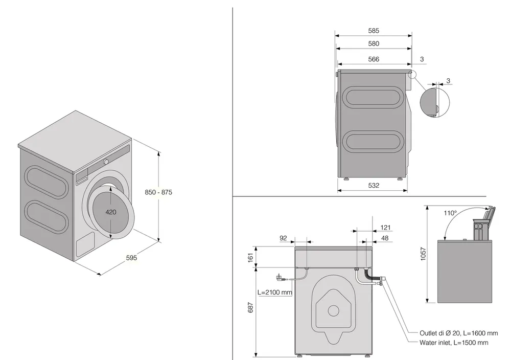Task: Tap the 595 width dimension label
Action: [x=131, y=258]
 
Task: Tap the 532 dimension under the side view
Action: [x=373, y=186]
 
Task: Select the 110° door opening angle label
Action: [x=450, y=213]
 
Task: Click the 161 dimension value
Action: [x=251, y=256]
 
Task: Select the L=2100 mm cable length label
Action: [x=274, y=292]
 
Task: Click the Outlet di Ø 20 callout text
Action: [x=452, y=332]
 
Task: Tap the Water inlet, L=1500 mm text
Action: [x=452, y=343]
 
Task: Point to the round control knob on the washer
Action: [x=106, y=162]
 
